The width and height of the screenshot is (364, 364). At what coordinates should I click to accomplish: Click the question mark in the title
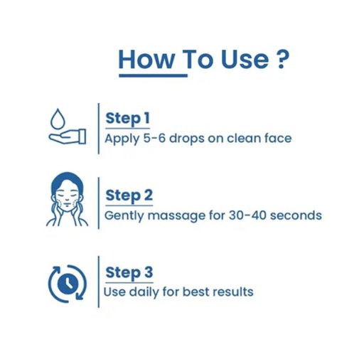click(x=283, y=59)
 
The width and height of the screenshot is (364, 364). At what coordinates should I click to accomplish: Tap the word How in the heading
click(x=146, y=60)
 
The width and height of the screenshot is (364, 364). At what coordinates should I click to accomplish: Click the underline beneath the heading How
click(x=154, y=75)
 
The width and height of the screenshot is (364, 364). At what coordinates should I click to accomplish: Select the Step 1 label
click(x=127, y=119)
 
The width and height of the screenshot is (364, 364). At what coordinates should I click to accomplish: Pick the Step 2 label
click(x=129, y=196)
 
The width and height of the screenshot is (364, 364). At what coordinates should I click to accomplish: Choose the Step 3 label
click(x=129, y=272)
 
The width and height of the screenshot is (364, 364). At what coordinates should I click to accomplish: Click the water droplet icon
click(x=58, y=119)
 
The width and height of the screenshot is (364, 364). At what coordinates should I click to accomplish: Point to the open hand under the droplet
click(x=68, y=136)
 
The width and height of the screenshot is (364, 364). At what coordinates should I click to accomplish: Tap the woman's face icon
click(x=67, y=199)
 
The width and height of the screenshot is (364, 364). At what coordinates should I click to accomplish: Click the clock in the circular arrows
click(x=68, y=284)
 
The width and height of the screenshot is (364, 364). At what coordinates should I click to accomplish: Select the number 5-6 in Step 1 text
click(x=154, y=138)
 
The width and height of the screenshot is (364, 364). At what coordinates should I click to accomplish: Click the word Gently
click(x=124, y=216)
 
